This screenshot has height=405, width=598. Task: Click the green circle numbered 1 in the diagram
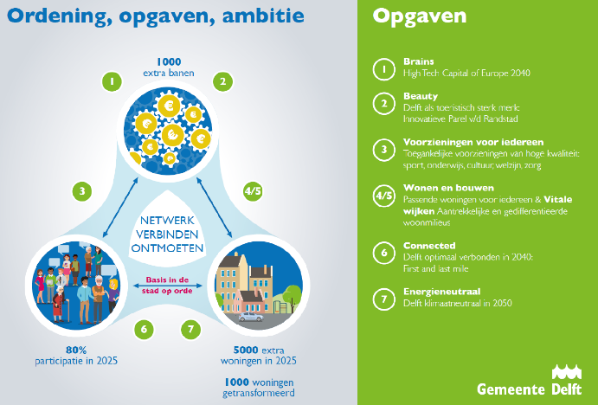(x=112, y=81)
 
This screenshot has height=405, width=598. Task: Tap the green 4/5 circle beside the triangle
(x=253, y=190)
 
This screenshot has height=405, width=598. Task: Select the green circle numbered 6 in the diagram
(x=144, y=329)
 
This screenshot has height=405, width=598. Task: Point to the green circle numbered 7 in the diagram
(x=190, y=329)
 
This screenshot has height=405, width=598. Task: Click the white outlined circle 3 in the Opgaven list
(x=384, y=150)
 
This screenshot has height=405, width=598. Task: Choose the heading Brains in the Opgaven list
(x=418, y=61)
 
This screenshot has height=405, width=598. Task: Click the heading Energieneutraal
(x=441, y=292)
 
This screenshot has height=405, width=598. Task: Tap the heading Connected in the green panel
(x=429, y=246)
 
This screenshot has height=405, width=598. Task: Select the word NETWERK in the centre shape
(x=167, y=221)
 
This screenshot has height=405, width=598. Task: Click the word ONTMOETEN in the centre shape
(x=167, y=248)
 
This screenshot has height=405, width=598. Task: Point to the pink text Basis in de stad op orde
(x=167, y=286)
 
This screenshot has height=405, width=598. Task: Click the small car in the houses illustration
(x=251, y=317)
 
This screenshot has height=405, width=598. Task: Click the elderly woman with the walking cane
(x=60, y=305)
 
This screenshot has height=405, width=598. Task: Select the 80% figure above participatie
(x=76, y=350)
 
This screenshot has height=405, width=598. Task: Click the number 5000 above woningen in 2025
(x=246, y=350)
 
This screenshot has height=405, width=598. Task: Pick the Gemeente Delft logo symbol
(x=567, y=372)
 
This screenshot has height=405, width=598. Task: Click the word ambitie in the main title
(x=263, y=16)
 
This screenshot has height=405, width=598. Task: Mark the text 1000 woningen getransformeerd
(x=259, y=388)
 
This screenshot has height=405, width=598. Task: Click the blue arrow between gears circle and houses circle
(x=215, y=208)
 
